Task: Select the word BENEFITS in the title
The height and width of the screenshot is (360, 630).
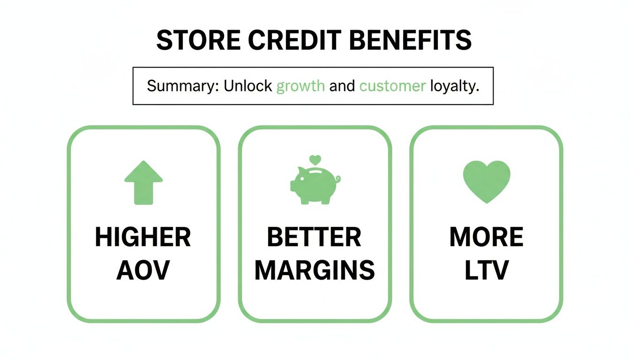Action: tap(410, 40)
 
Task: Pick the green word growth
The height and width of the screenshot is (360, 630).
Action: tap(300, 86)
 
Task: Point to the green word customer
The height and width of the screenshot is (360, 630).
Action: tap(392, 86)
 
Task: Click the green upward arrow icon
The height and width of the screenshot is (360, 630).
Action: tap(143, 182)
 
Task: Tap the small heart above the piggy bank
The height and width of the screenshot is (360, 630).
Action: tap(315, 159)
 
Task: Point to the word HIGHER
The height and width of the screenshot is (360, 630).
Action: tap(143, 238)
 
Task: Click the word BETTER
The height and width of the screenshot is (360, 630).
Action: tap(314, 238)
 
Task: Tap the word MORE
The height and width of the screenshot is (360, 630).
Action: tap(486, 238)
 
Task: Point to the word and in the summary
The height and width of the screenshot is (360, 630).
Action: tap(342, 86)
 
